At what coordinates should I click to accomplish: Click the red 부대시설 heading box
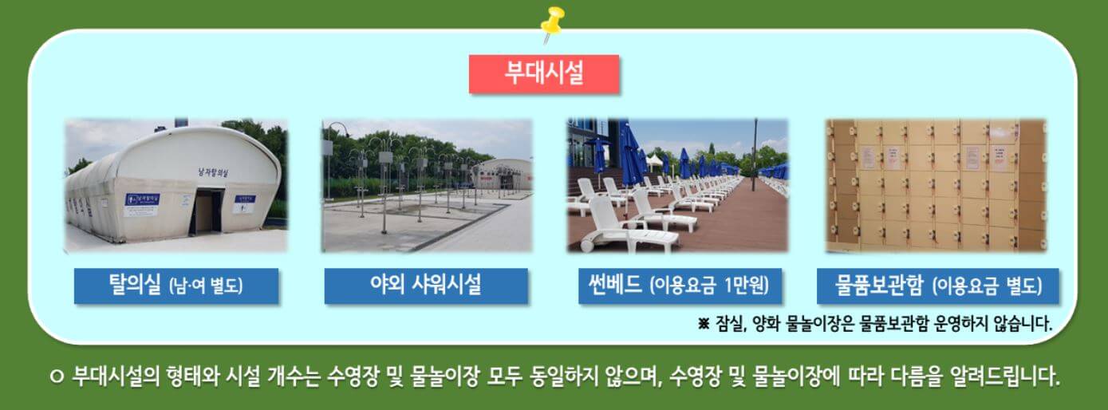coord(544,73)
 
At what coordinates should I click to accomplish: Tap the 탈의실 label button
coord(176,286)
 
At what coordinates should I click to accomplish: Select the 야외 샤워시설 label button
coord(426,286)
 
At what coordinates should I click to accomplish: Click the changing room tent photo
coord(175,185)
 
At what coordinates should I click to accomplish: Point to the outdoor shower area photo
coord(426,185)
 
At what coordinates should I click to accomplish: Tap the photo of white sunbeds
coord(677,185)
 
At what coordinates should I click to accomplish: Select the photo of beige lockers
coord(936,185)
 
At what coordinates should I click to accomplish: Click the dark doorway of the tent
coord(205,211)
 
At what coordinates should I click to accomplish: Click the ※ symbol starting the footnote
coord(703,324)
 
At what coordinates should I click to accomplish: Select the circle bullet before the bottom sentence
coord(56,376)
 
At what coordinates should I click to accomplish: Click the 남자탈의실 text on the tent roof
coord(217,170)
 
